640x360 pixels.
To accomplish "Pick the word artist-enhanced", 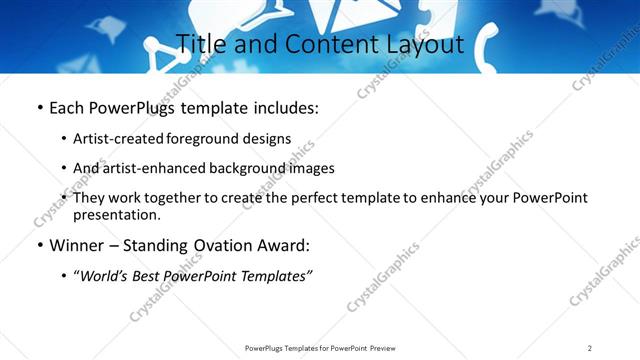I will (x=151, y=168).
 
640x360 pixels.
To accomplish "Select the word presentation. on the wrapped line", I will (x=116, y=215).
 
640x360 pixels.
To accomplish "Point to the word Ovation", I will (x=223, y=246).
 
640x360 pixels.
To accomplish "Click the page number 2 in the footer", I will (x=590, y=347).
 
